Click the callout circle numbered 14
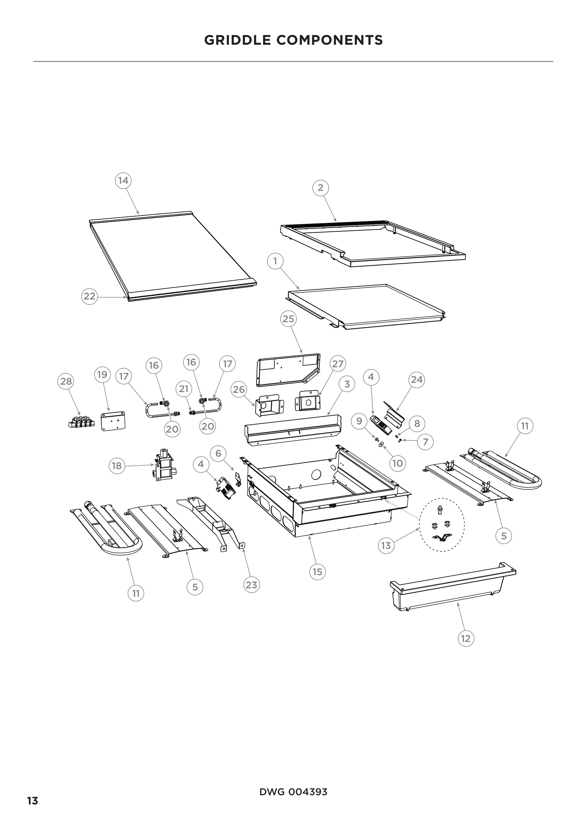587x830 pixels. pos(123,180)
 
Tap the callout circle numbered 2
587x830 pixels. pos(320,188)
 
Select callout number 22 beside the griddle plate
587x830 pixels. pos(89,296)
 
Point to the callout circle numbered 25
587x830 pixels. pos(288,319)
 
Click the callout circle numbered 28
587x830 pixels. pos(66,381)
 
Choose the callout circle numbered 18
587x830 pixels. pos(117,466)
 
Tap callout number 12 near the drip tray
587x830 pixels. pos(466,638)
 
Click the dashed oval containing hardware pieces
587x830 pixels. pos(442,525)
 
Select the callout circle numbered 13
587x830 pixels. pos(386,545)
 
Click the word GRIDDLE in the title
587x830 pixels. pos(238,40)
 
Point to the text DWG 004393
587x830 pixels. pos(293,789)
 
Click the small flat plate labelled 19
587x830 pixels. pos(113,421)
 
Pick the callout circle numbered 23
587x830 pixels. pos(251,585)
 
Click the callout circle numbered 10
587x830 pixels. pos(397,463)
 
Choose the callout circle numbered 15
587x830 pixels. pos(317,572)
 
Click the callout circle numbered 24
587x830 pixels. pos(417,380)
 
